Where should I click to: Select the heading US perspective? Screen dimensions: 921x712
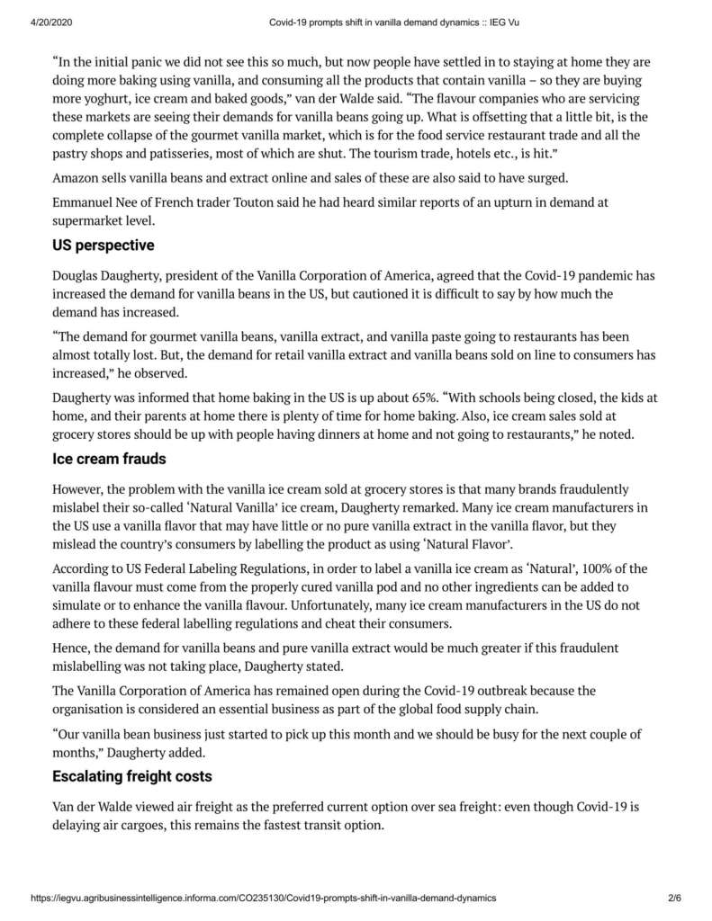104,245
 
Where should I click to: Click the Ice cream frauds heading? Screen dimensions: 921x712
109,460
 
